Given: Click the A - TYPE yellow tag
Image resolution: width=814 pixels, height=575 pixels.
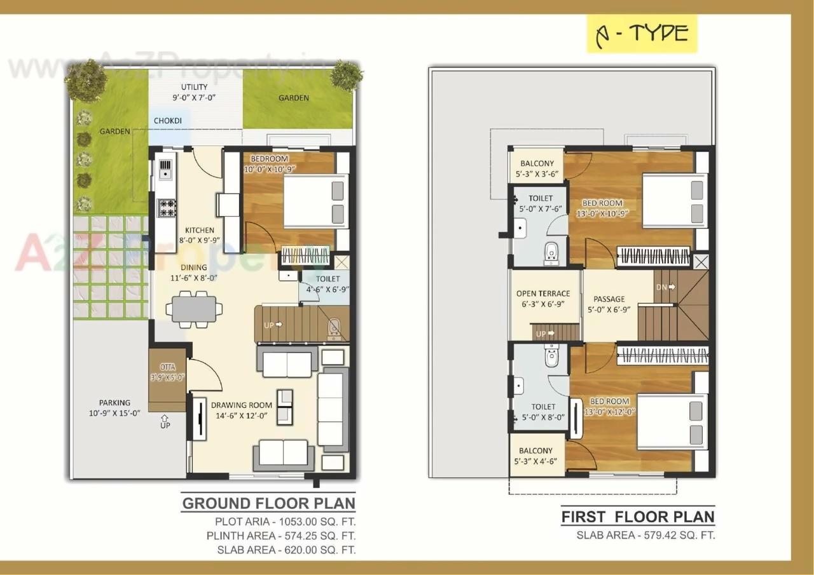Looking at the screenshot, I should point(642,34).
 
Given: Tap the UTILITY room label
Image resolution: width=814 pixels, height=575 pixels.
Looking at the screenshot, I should point(194,87).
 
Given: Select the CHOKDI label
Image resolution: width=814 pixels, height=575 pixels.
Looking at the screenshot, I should point(168,121).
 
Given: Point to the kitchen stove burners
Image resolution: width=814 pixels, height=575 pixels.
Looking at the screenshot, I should point(167,208).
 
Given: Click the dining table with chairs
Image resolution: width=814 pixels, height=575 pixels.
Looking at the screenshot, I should point(194,309).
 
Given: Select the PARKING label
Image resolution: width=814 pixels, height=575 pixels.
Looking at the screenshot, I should point(114,402).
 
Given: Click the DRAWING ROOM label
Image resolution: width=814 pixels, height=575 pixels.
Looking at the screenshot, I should point(242,405).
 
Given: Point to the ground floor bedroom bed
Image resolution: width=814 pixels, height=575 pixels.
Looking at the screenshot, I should point(315,201).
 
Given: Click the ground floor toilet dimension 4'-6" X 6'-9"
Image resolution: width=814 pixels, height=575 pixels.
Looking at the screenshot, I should point(325,289).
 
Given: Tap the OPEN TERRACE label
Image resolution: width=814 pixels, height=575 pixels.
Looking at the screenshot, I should point(543,294).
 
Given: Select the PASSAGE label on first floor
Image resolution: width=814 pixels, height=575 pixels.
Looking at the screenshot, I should point(609,299).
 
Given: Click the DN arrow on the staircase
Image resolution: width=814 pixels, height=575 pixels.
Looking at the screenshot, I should point(666,287).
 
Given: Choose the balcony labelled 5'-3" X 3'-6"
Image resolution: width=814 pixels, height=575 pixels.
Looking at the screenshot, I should point(537,168).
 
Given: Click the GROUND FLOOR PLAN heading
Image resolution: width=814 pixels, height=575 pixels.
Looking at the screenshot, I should point(268,503).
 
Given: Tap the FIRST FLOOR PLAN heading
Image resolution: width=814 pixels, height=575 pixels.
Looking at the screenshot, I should point(638,517).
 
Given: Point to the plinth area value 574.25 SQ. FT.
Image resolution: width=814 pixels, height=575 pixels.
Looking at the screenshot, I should point(282,536).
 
